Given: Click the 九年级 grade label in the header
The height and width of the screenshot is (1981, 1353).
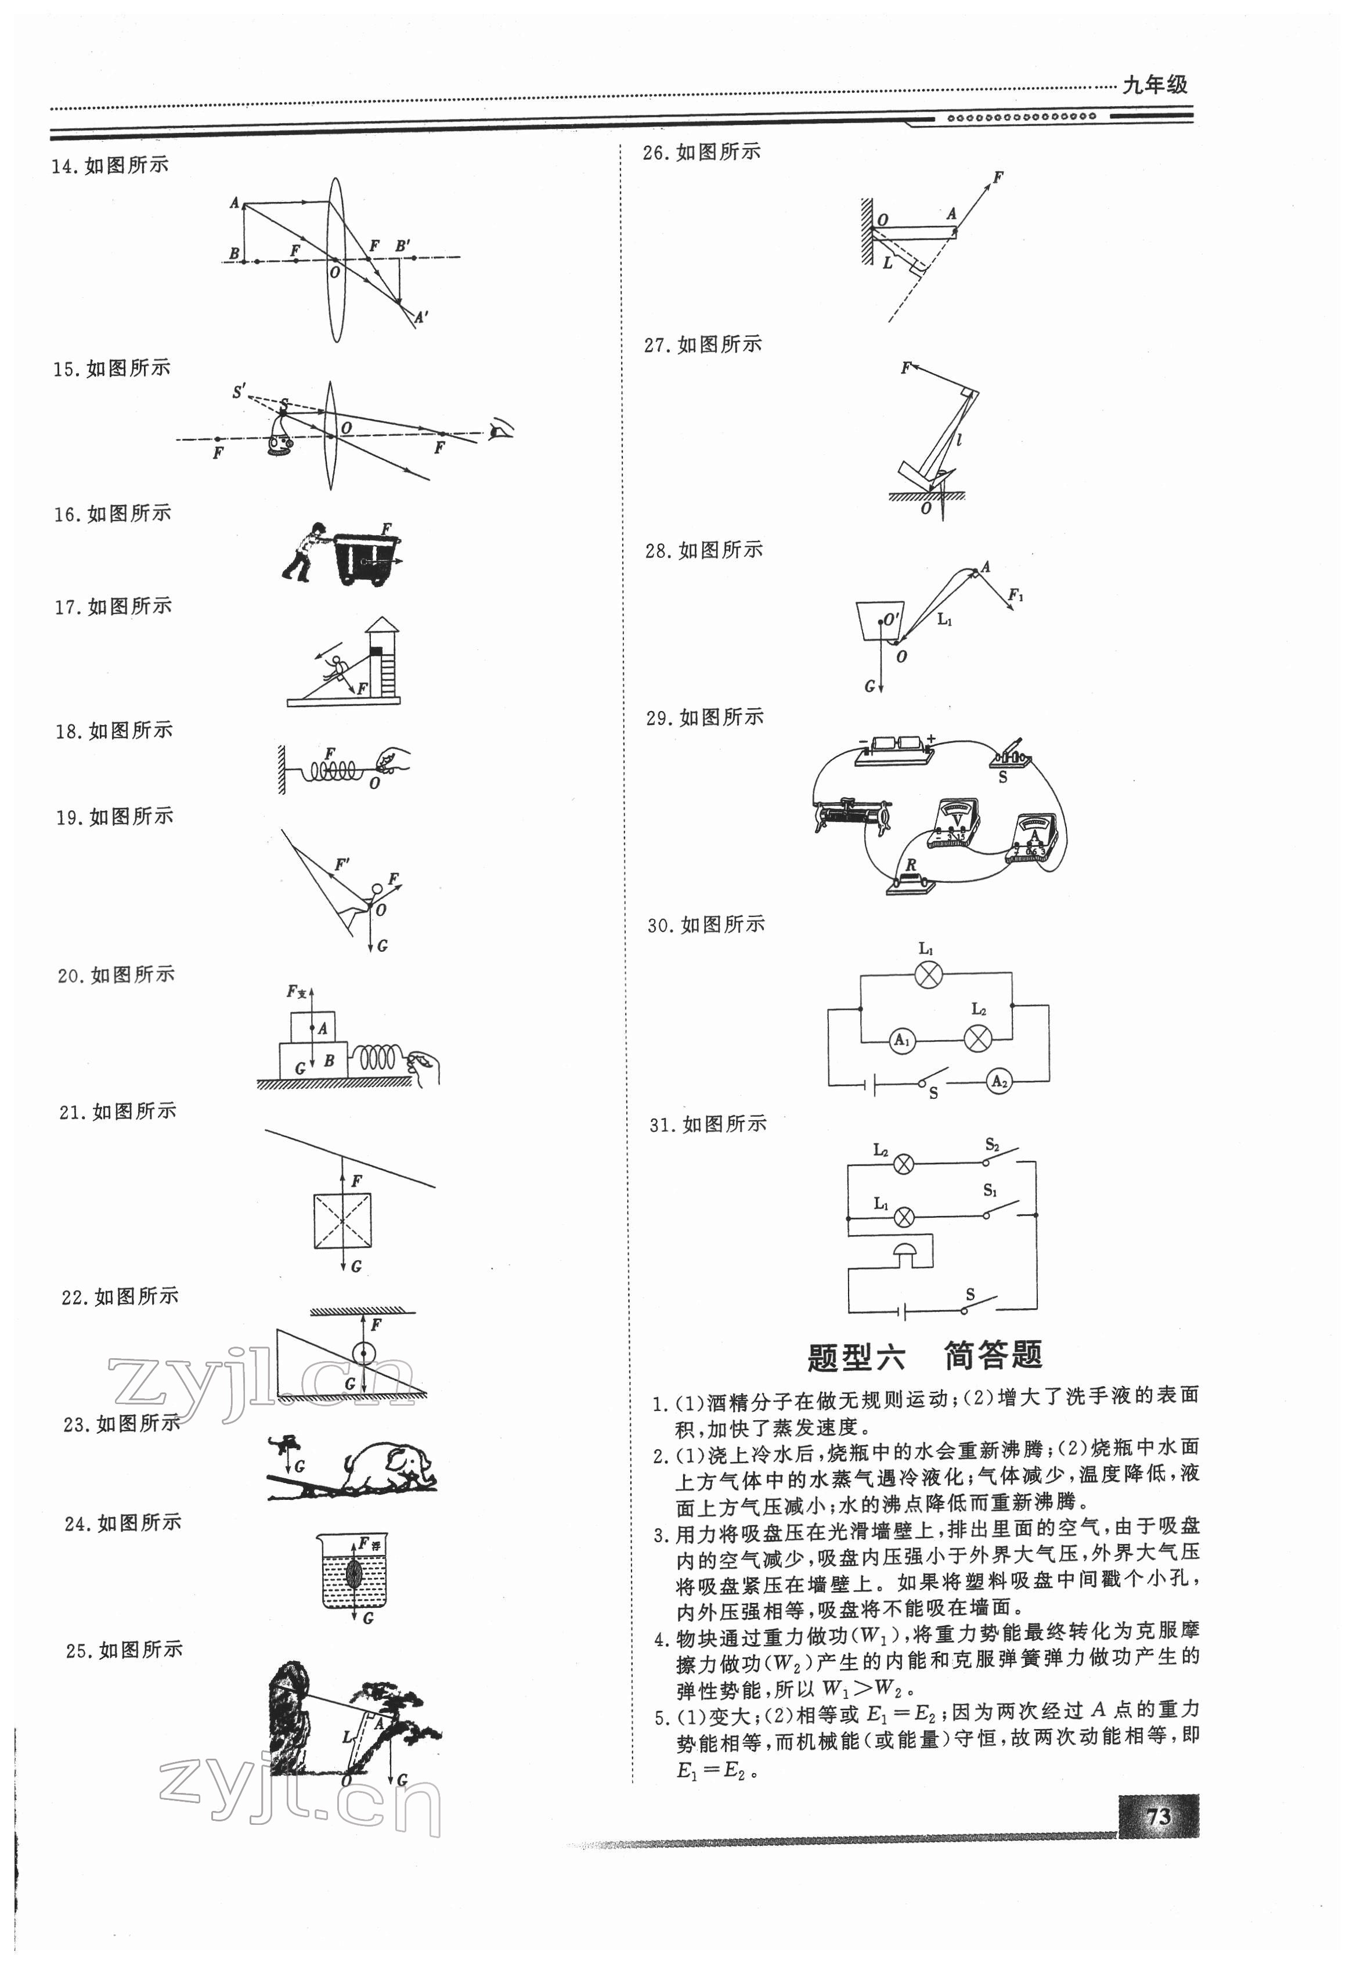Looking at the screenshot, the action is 1154,84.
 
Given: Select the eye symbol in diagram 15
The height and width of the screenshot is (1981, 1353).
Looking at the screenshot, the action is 500,431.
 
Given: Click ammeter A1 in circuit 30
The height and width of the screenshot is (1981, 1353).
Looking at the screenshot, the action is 901,1040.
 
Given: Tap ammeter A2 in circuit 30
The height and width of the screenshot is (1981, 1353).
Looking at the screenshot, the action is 998,1082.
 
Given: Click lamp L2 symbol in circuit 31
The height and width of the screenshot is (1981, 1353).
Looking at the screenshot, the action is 904,1164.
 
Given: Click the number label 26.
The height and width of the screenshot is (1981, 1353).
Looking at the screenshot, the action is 655,153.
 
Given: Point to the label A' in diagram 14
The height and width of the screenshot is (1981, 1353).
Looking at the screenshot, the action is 422,317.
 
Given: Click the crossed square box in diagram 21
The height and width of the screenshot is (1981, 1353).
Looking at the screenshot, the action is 342,1221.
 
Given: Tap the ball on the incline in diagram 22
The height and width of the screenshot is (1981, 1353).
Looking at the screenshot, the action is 363,1354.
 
